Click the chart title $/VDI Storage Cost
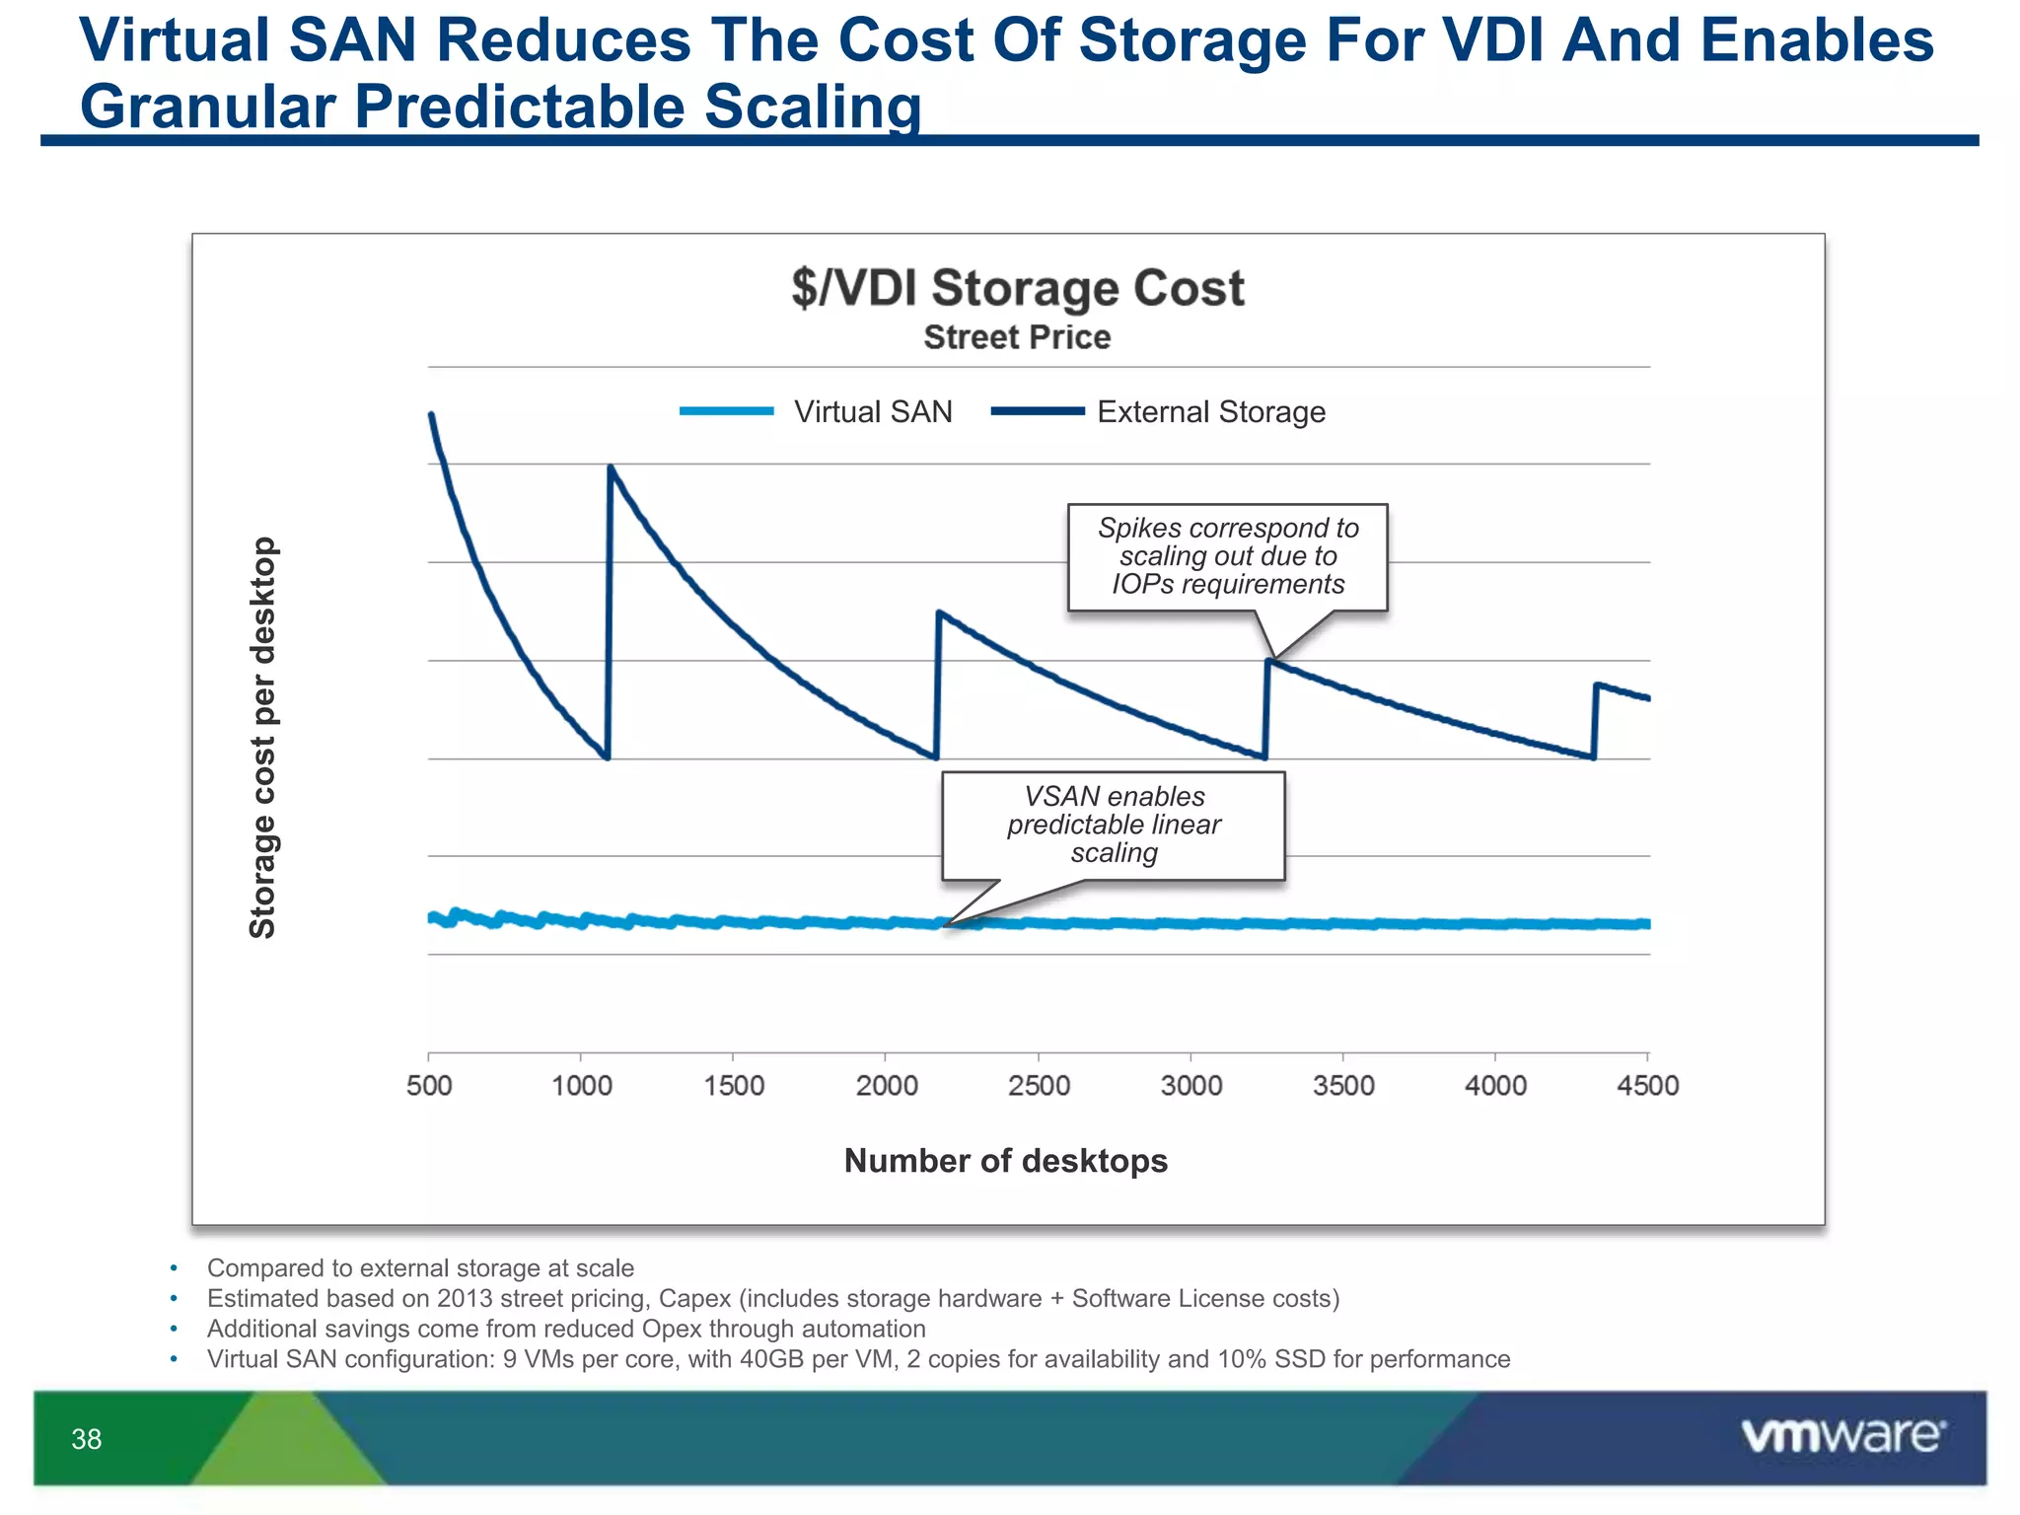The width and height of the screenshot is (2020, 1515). pos(1017,288)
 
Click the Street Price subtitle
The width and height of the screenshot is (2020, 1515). pos(1017,337)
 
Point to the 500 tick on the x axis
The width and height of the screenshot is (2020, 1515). pos(429,1085)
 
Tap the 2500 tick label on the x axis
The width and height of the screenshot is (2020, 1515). pos(1039,1085)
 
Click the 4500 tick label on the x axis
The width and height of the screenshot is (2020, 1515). pos(1647,1085)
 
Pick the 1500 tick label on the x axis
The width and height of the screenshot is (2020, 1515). pos(734,1085)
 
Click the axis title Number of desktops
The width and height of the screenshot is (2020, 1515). pos(1005,1160)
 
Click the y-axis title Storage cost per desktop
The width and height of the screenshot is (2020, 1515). pos(262,737)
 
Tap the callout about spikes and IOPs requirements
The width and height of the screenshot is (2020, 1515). pos(1227,556)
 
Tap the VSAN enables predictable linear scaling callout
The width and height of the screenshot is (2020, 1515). pos(1114,825)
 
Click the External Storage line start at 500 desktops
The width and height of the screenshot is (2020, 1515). pos(431,415)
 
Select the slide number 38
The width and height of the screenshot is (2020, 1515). pos(87,1439)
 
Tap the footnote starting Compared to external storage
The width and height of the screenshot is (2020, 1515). pos(420,1267)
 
